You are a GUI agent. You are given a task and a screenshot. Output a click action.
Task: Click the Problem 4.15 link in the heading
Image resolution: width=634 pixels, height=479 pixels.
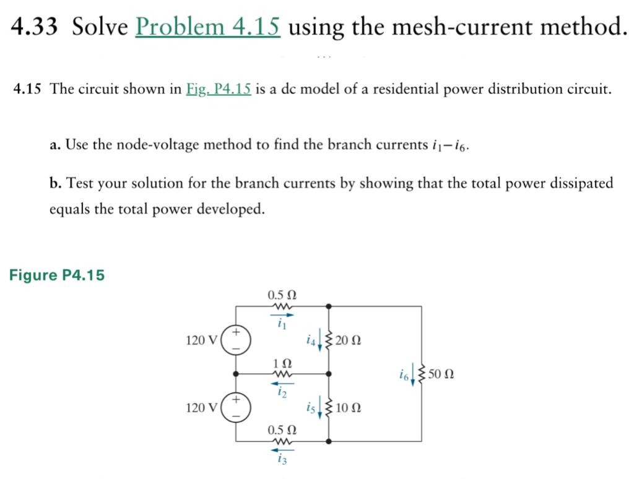tap(207, 27)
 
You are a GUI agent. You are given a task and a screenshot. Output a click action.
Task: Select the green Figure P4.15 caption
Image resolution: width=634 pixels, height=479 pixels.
tap(57, 275)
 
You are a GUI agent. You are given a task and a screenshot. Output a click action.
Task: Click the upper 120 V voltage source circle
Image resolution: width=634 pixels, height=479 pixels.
tap(236, 340)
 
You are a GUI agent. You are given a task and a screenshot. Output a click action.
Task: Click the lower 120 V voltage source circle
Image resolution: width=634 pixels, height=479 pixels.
tap(236, 407)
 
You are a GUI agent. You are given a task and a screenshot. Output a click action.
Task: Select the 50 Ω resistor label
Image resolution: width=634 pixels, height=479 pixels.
tap(441, 374)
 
